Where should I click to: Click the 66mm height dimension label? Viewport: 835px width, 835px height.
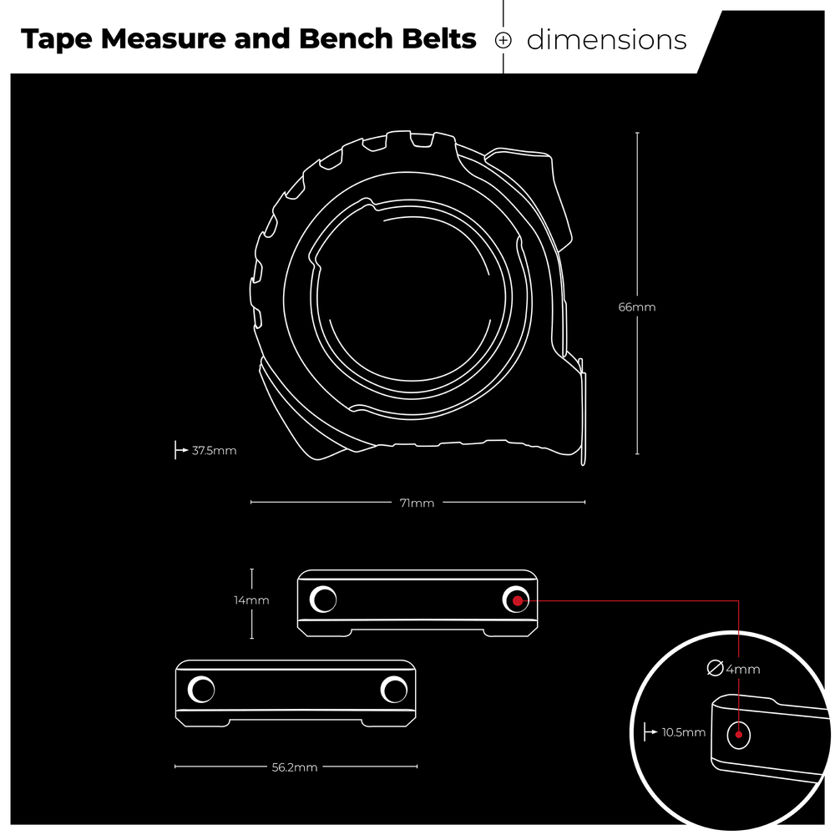tap(636, 307)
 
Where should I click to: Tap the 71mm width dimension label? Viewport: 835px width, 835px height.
tap(417, 504)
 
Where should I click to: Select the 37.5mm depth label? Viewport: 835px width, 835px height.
tap(214, 451)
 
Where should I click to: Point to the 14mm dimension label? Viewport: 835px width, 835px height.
tap(251, 600)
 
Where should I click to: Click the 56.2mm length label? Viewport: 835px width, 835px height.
tap(295, 767)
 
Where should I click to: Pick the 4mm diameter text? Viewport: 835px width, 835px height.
tap(743, 670)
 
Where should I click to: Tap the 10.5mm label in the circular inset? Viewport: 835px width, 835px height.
tap(683, 733)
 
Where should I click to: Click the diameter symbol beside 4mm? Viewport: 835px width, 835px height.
tap(715, 668)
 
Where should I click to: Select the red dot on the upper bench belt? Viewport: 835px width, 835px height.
tap(518, 601)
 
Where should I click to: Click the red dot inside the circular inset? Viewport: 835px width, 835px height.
tap(739, 735)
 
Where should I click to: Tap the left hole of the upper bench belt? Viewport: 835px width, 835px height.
tap(323, 600)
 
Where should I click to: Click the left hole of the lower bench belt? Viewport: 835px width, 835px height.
tap(201, 691)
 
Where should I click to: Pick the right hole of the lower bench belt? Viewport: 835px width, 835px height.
tap(394, 691)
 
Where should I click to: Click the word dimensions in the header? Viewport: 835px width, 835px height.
tap(606, 40)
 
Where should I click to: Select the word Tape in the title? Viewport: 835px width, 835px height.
tap(57, 40)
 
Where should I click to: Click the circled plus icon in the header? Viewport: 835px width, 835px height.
tap(504, 40)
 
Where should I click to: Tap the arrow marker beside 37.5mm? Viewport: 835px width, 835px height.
tap(181, 450)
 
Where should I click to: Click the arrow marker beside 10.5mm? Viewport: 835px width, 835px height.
tap(650, 732)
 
